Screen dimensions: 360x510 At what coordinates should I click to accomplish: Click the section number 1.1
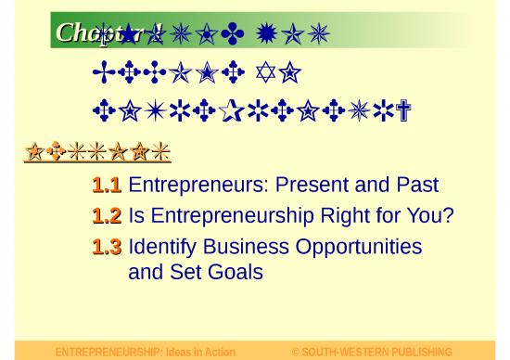[x=107, y=186]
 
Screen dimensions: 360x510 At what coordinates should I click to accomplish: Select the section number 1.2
[x=107, y=216]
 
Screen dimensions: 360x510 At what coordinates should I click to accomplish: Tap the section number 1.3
[x=107, y=247]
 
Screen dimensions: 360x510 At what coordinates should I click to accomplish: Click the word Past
[x=416, y=186]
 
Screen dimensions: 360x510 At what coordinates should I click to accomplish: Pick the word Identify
[x=162, y=247]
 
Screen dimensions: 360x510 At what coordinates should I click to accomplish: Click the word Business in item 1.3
[x=243, y=247]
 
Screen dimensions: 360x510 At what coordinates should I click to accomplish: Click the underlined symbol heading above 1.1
[x=97, y=151]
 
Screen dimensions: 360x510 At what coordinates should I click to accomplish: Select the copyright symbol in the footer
[x=296, y=353]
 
